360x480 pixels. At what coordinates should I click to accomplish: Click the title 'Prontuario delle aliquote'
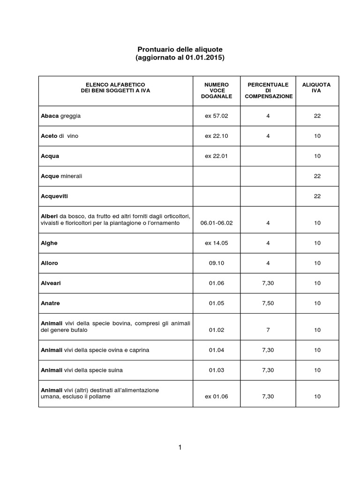pyautogui.click(x=180, y=49)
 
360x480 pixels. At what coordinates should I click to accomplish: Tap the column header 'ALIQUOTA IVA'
pyautogui.click(x=316, y=88)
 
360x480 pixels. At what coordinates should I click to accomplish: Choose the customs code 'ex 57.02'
pyautogui.click(x=217, y=116)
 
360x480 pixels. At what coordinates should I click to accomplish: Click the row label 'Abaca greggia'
pyautogui.click(x=61, y=116)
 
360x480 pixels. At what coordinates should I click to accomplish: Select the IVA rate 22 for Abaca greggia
pyautogui.click(x=317, y=116)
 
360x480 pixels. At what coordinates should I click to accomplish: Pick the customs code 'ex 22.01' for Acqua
pyautogui.click(x=217, y=156)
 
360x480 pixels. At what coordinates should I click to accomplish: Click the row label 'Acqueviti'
pyautogui.click(x=58, y=196)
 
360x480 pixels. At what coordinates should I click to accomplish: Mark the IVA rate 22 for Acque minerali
pyautogui.click(x=317, y=176)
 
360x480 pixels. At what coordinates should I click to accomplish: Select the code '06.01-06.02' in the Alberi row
pyautogui.click(x=217, y=223)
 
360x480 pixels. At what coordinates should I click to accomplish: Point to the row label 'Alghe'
pyautogui.click(x=49, y=243)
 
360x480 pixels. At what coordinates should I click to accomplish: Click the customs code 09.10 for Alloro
pyautogui.click(x=217, y=263)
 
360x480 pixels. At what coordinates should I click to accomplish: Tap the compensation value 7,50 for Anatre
pyautogui.click(x=268, y=303)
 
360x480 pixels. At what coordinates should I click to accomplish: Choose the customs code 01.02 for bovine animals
pyautogui.click(x=217, y=330)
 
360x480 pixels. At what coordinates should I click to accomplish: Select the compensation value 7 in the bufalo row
pyautogui.click(x=268, y=330)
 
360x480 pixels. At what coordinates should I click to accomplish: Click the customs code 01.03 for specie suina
pyautogui.click(x=217, y=370)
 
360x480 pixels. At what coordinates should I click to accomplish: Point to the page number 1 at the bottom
pyautogui.click(x=180, y=448)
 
